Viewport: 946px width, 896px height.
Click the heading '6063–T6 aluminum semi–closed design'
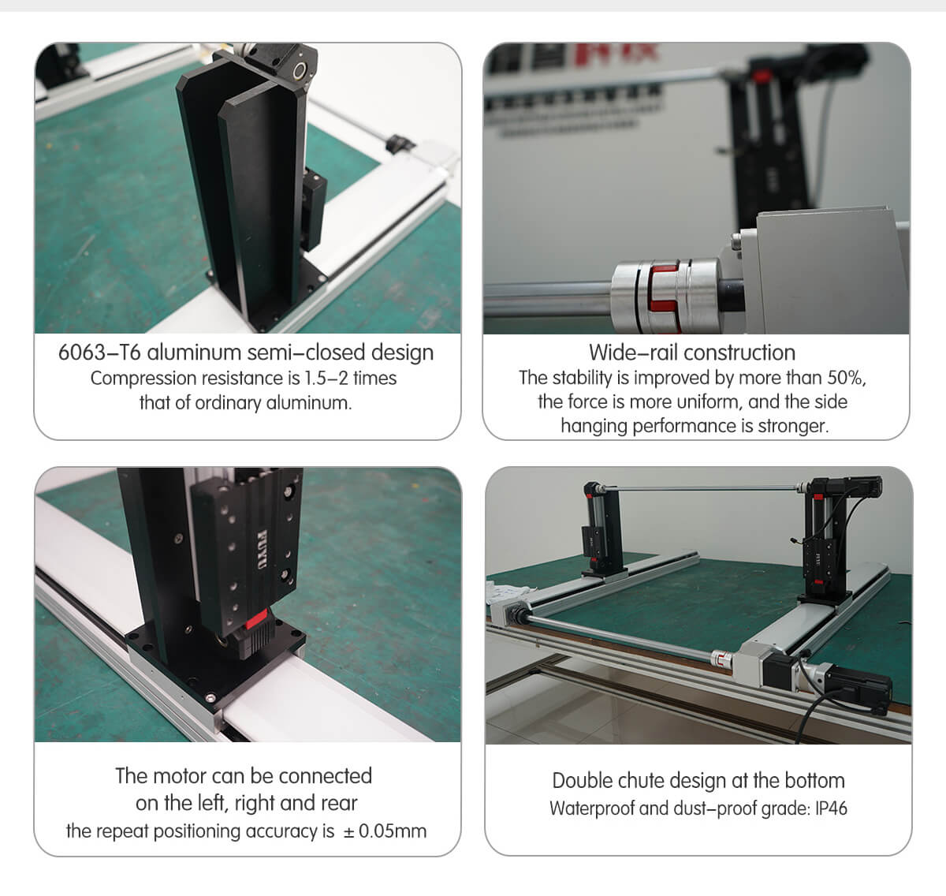click(246, 352)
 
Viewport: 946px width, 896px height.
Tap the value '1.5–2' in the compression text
click(326, 378)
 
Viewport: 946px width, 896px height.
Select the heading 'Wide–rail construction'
click(691, 352)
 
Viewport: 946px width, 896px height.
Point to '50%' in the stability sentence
click(845, 378)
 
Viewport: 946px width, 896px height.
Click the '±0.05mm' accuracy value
click(385, 831)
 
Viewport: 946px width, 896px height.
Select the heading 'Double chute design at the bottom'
click(698, 780)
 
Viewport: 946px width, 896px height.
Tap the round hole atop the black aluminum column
click(300, 72)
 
